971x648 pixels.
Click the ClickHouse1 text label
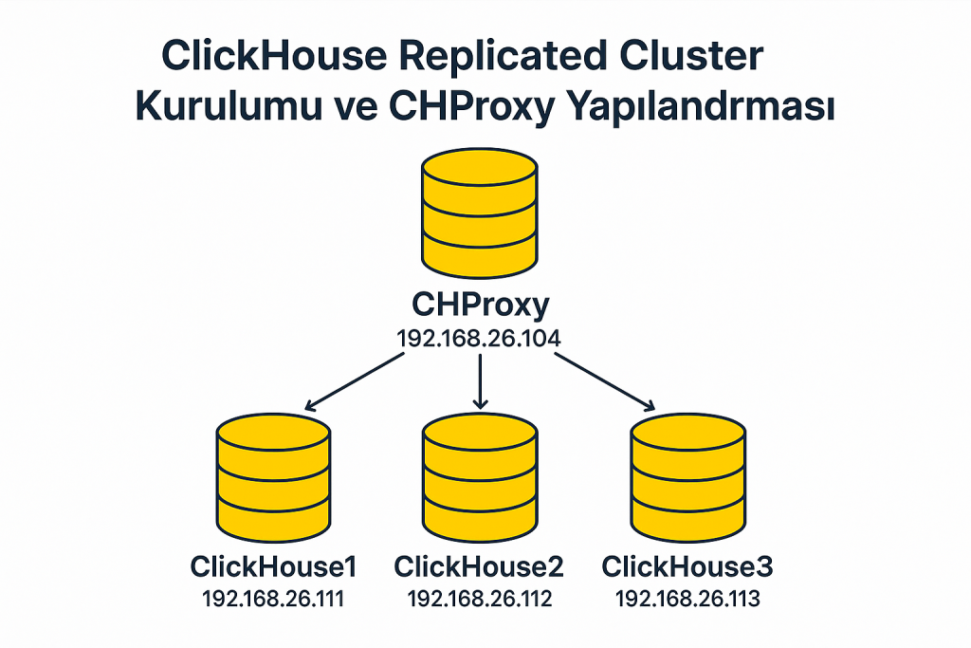point(274,567)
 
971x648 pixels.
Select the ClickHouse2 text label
point(479,567)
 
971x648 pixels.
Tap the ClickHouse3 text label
point(687,567)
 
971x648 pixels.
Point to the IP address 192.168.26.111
point(274,599)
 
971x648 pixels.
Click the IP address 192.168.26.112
point(479,599)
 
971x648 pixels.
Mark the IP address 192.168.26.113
point(687,599)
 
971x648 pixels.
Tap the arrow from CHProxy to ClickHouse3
point(604,381)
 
